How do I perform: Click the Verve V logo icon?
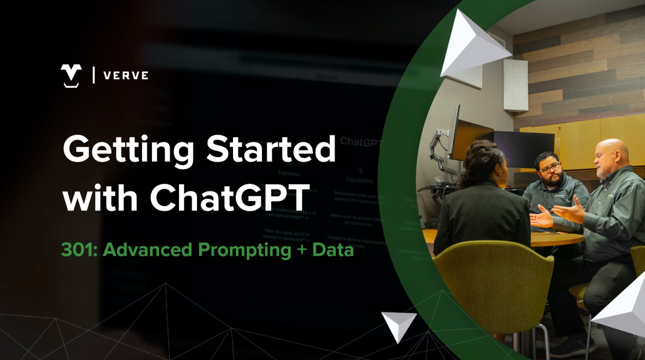(71, 75)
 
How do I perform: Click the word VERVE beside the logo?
(126, 76)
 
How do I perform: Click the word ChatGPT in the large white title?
(229, 198)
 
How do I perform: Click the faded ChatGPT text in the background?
(361, 142)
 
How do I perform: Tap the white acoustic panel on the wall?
(516, 85)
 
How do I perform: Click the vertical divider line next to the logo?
(94, 75)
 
